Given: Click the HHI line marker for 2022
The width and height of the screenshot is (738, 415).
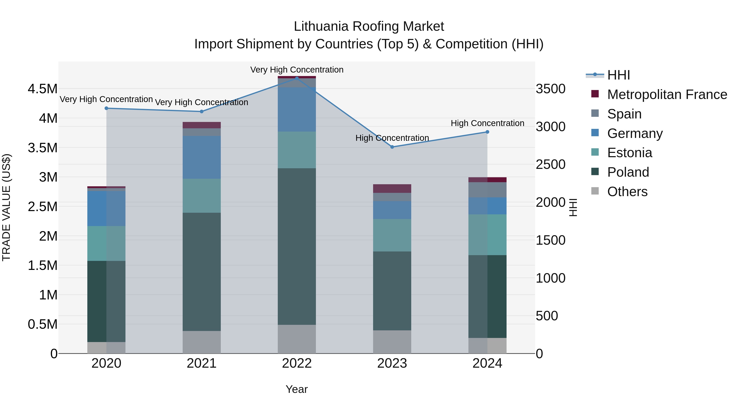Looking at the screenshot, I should coord(297,78).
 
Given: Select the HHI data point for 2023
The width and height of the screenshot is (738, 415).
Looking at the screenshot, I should coord(392,147).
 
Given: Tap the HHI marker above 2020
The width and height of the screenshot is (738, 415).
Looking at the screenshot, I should coord(106,108).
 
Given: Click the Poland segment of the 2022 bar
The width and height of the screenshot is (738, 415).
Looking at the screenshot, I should coord(297,246).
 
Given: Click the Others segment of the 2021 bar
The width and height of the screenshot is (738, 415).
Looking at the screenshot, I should coord(202,342).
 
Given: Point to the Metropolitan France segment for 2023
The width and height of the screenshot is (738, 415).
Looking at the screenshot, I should coord(392,189).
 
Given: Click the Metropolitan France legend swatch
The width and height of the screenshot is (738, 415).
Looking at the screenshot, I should coord(595,94).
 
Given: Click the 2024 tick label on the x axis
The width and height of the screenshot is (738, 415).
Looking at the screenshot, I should coord(487,363).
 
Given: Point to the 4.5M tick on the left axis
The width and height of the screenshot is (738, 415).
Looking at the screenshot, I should coord(43,89).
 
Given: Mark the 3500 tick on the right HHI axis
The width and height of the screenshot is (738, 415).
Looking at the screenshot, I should coord(551,89).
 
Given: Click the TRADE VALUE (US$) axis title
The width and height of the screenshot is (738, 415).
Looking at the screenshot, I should coord(6,207).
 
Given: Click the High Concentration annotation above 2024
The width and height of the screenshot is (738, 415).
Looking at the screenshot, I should coord(487,123).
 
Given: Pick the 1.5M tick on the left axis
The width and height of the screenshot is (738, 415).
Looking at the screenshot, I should coord(43,265).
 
